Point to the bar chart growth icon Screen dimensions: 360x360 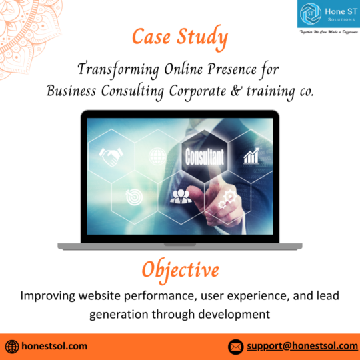251,157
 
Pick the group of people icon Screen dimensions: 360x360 180,196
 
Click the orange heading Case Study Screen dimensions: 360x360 179,37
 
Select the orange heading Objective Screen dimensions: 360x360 180,269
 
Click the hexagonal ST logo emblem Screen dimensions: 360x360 310,13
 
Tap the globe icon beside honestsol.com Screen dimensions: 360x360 12,346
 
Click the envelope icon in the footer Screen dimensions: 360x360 235,346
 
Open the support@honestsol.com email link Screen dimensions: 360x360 302,346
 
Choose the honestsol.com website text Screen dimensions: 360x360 55,346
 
